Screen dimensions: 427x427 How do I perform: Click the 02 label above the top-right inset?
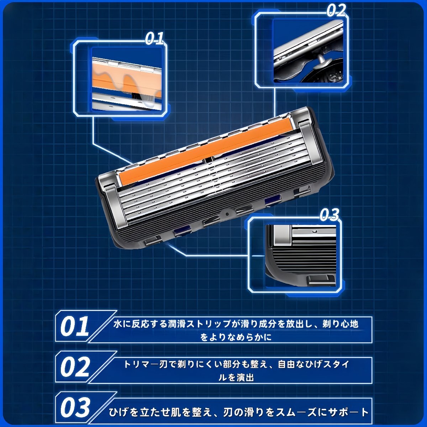click(x=336, y=10)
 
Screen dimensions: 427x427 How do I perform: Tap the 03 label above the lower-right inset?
click(x=329, y=215)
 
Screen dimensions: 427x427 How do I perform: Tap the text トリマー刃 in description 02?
click(x=146, y=364)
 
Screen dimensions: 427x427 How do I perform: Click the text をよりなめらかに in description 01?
click(x=236, y=338)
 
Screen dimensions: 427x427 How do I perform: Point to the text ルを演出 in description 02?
click(x=236, y=378)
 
